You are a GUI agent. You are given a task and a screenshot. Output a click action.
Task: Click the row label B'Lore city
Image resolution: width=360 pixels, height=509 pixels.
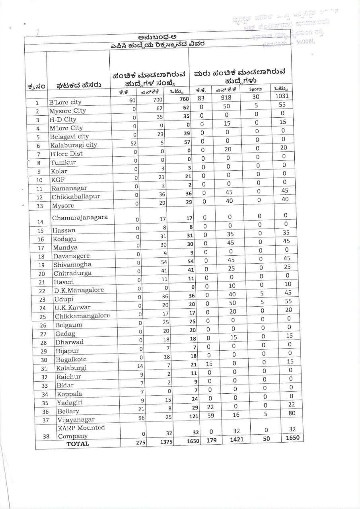65,102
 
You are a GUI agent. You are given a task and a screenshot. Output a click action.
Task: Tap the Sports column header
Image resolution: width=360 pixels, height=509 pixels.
255,89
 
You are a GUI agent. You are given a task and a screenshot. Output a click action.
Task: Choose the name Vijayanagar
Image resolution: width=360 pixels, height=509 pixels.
76,420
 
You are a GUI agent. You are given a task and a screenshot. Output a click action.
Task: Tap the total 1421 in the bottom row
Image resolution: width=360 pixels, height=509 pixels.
236,440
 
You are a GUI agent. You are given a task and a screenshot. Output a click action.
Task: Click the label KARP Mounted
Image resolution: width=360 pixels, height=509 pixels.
81,427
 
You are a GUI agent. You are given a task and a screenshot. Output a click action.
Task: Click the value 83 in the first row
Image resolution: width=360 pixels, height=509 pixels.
200,98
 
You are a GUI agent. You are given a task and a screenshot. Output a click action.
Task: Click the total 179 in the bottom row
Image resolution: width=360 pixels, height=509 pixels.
211,441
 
